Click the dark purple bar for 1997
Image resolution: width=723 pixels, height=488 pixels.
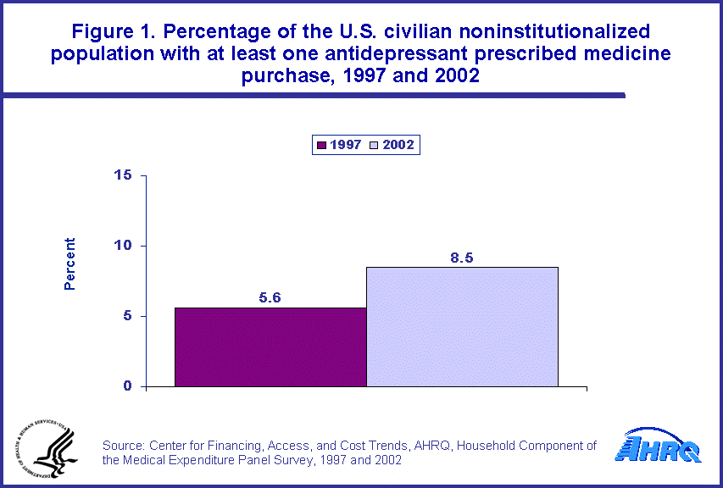tap(270, 347)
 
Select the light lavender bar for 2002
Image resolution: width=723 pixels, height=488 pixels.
tap(462, 326)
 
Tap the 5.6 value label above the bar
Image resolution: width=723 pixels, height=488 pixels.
tap(270, 298)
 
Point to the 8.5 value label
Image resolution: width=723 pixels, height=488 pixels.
tap(462, 258)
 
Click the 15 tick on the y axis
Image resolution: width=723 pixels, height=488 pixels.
tap(124, 175)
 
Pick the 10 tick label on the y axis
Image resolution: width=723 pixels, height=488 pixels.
tap(124, 246)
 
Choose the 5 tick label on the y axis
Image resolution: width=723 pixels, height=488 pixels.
tap(128, 316)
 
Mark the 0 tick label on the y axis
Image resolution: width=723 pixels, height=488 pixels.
tap(128, 386)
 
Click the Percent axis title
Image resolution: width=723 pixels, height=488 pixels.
tap(70, 263)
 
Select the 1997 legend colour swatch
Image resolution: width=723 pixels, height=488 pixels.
tap(321, 145)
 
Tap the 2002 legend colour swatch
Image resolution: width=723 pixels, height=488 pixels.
tap(374, 145)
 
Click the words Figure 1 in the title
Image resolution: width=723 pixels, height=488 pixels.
tap(109, 32)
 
